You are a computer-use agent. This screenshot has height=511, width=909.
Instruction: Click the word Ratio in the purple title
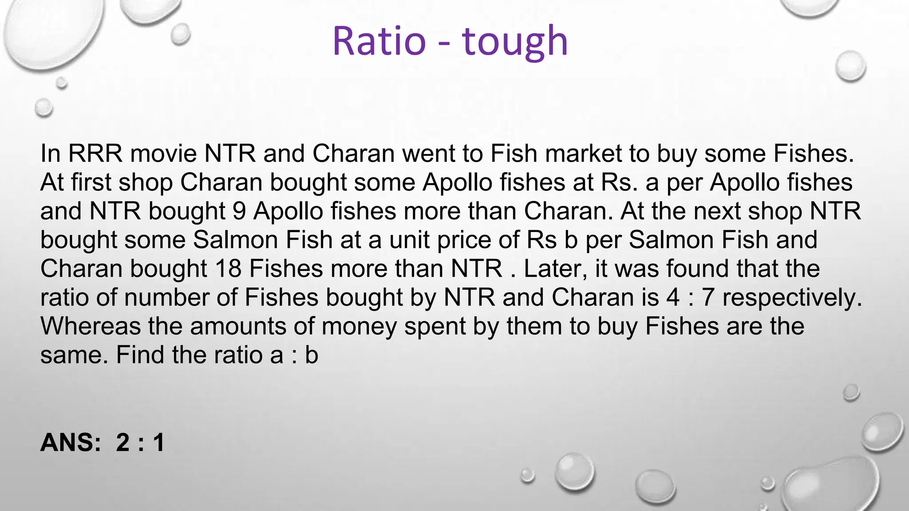click(379, 41)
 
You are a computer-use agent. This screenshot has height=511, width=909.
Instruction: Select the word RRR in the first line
click(95, 153)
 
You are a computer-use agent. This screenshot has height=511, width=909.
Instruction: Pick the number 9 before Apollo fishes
click(239, 211)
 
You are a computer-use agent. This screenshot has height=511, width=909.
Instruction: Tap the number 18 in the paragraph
click(228, 269)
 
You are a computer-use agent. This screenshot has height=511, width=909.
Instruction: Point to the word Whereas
click(90, 326)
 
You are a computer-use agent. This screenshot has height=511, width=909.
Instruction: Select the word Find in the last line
click(140, 355)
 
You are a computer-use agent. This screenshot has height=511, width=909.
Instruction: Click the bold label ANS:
click(71, 443)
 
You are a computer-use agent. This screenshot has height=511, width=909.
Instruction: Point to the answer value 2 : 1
click(140, 443)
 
